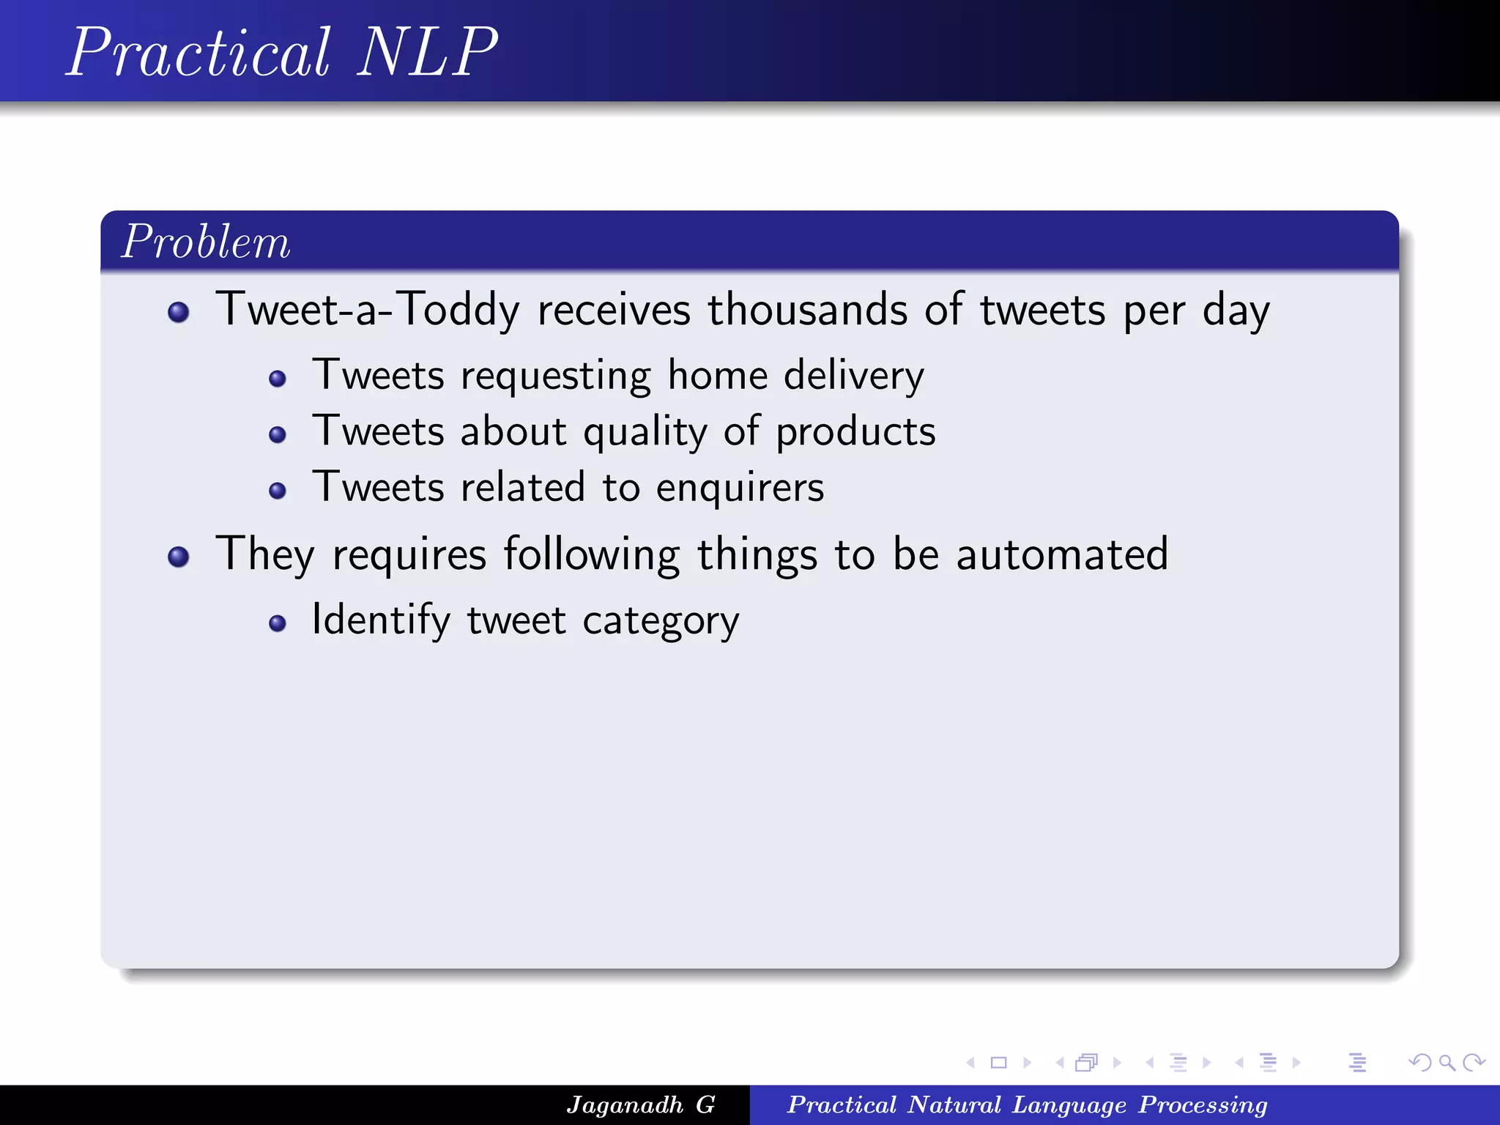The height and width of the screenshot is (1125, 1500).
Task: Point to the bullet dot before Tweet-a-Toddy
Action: tap(178, 313)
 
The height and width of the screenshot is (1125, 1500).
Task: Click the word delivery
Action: tap(853, 376)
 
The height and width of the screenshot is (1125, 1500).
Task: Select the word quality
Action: tap(645, 432)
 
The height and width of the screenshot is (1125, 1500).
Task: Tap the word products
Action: tap(855, 432)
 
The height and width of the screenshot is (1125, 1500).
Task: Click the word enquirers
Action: tap(740, 488)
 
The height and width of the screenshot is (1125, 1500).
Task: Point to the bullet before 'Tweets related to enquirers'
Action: tap(277, 490)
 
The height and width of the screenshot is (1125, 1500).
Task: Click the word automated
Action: tap(1061, 554)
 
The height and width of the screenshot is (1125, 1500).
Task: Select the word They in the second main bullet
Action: tap(264, 554)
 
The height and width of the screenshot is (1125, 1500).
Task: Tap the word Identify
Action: tap(381, 620)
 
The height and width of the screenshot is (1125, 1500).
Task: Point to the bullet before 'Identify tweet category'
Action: tap(277, 623)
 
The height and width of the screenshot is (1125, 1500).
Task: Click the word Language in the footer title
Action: tap(1069, 1104)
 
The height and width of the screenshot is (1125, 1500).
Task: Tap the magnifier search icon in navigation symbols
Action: tap(1447, 1063)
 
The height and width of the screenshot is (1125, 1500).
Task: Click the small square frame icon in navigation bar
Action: tap(998, 1063)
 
